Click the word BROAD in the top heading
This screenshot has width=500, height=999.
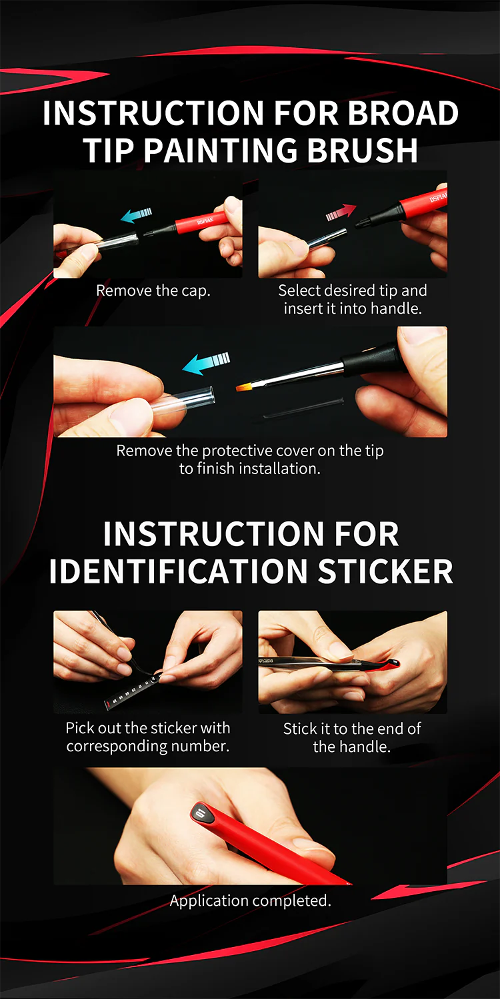point(403,113)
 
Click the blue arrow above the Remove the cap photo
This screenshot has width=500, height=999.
point(137,215)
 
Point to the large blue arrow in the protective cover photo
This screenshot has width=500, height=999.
point(206,362)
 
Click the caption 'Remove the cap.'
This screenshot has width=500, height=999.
point(153,291)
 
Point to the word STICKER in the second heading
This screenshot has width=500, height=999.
point(385,571)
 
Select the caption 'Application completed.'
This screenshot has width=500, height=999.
point(250,900)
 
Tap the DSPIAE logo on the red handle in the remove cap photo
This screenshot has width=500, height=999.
point(205,220)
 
